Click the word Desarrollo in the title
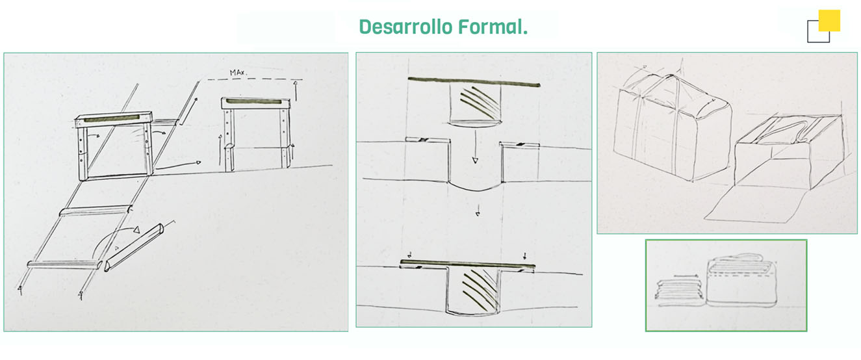(x=405, y=27)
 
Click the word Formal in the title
(x=490, y=27)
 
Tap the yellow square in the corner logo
(x=829, y=20)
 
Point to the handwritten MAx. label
(x=238, y=72)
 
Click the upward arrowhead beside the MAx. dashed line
(x=295, y=83)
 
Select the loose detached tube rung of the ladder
(x=134, y=247)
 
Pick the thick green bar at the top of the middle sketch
(x=474, y=81)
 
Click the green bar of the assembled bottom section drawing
(x=467, y=264)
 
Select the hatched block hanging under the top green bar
(x=475, y=104)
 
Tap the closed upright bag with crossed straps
(x=673, y=127)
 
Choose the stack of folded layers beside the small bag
(x=680, y=294)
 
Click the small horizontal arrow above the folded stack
(x=686, y=276)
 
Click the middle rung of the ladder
(x=96, y=211)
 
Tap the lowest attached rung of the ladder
(x=64, y=264)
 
